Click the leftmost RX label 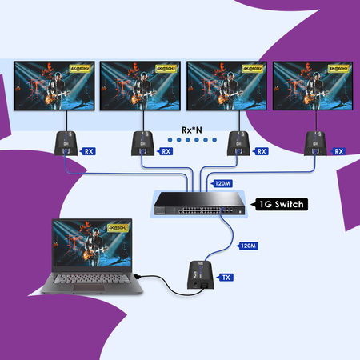click(90, 150)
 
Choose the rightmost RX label click(338, 150)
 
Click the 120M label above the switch click(222, 182)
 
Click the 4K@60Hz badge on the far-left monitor click(82, 69)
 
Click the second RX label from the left click(166, 150)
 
